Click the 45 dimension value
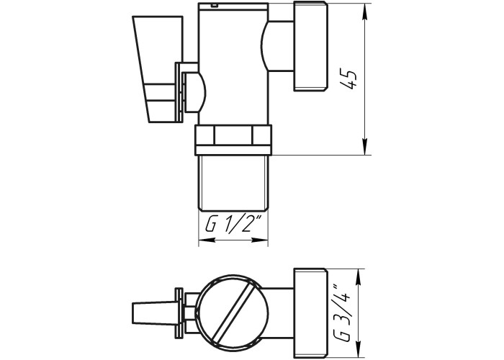click(348, 79)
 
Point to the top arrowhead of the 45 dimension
click(364, 12)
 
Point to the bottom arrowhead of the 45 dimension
click(364, 147)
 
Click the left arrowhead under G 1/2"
click(207, 240)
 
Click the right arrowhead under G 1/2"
click(259, 240)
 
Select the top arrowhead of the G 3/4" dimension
click(358, 276)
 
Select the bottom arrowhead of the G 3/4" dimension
click(358, 348)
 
